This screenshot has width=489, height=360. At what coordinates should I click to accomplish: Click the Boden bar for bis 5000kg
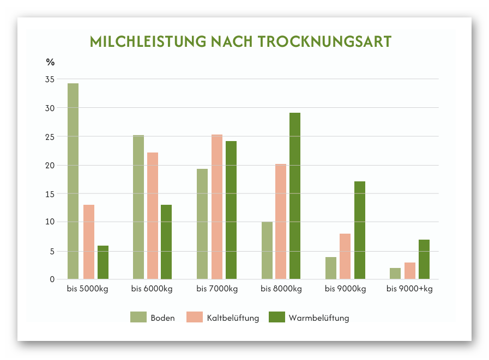73,181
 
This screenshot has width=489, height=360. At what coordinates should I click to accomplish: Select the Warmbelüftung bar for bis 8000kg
295,196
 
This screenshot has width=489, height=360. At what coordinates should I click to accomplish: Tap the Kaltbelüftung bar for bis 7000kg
217,207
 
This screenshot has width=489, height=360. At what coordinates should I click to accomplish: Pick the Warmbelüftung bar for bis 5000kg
103,263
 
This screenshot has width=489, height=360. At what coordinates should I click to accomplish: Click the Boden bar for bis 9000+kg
395,273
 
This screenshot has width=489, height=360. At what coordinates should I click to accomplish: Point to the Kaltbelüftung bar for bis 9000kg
345,257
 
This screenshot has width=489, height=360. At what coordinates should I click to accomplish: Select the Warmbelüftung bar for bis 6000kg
166,242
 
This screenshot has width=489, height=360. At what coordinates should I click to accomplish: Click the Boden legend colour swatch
138,318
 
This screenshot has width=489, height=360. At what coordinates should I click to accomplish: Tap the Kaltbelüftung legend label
233,318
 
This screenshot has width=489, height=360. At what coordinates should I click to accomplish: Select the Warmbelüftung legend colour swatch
277,318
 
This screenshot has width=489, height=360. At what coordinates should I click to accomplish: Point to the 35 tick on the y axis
50,80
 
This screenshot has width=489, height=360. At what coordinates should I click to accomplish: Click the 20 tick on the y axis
50,166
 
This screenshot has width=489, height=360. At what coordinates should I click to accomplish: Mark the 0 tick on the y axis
52,279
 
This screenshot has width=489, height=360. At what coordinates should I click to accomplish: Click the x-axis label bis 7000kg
217,289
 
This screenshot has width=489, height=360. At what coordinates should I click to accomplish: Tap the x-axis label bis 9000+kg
409,289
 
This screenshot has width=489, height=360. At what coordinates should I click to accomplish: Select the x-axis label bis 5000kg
88,289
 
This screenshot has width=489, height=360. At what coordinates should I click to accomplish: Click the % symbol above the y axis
50,62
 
